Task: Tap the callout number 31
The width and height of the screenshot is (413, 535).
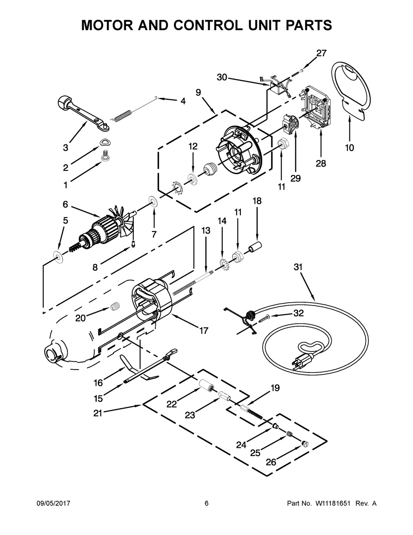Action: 298,267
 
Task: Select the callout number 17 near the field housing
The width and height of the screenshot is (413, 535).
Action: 204,330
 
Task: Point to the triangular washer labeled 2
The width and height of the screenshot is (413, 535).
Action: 105,142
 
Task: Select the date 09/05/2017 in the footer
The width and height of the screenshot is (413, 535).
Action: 52,504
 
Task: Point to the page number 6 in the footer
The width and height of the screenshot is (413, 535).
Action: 206,504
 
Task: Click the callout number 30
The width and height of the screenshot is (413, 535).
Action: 222,77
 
